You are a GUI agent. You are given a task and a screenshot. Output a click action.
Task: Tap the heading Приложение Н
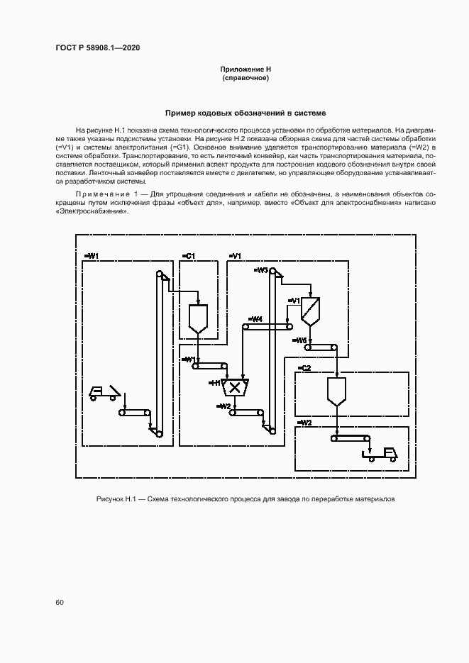[245, 69]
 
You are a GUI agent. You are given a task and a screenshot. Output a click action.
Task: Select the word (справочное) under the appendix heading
[245, 77]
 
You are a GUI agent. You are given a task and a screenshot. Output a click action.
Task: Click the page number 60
[60, 602]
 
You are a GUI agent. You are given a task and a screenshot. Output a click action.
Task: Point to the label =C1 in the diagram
[189, 255]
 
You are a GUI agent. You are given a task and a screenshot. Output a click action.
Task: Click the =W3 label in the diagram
[260, 270]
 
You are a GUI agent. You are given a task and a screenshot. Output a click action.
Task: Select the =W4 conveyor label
[255, 319]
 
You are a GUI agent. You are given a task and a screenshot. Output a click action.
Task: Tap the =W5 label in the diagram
[300, 340]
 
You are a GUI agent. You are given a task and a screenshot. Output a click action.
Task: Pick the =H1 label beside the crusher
[214, 382]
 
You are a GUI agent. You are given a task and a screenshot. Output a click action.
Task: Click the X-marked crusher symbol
[233, 386]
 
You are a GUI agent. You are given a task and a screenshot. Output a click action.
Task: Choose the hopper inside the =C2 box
[336, 391]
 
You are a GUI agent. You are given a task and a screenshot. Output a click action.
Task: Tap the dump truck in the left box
[104, 392]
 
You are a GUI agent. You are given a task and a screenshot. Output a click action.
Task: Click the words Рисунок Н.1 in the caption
[115, 500]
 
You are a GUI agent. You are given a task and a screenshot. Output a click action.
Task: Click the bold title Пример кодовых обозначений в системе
[245, 113]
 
